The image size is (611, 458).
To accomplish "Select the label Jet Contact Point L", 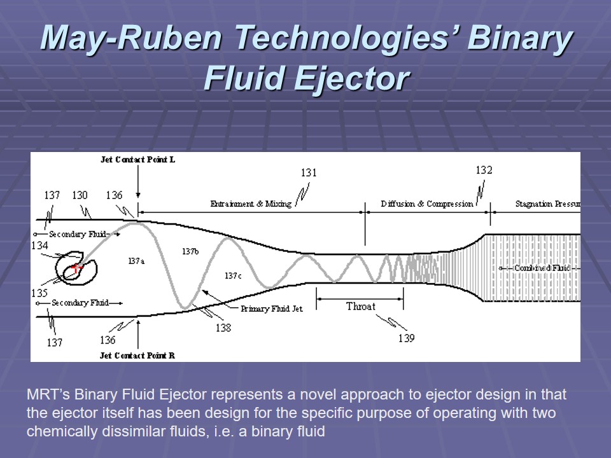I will pyautogui.click(x=137, y=159).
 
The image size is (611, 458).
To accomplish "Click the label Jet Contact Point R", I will pyautogui.click(x=137, y=356).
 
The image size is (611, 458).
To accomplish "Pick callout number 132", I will pyautogui.click(x=484, y=170).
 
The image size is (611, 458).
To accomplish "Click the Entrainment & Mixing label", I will pyautogui.click(x=251, y=204).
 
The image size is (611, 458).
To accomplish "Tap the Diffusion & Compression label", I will pyautogui.click(x=427, y=204).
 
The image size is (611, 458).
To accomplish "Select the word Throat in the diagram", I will pyautogui.click(x=360, y=307).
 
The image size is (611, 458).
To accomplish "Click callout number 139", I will pyautogui.click(x=406, y=338).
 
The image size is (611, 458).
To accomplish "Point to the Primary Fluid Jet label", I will pyautogui.click(x=270, y=309).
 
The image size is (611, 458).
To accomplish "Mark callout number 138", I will pyautogui.click(x=223, y=328).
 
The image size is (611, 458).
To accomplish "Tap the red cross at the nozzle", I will pyautogui.click(x=76, y=269).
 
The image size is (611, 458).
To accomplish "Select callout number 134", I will pyautogui.click(x=39, y=246).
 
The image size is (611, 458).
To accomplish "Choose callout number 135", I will pyautogui.click(x=39, y=293).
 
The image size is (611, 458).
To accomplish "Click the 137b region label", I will pyautogui.click(x=190, y=251).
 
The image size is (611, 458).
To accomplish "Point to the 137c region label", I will pyautogui.click(x=233, y=275).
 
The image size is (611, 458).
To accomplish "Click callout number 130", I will pyautogui.click(x=80, y=195).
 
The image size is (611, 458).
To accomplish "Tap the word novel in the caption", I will pyautogui.click(x=271, y=394).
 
